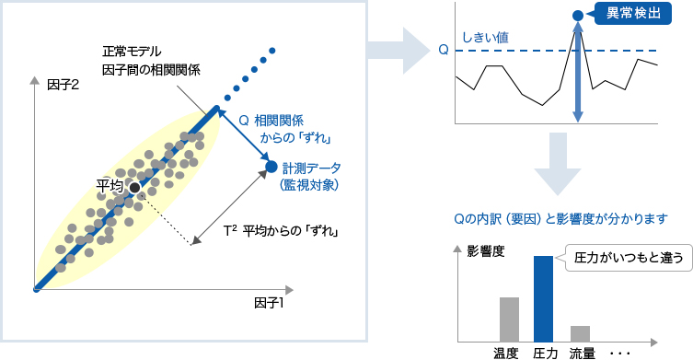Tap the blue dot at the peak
tap(577, 16)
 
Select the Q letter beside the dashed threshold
tap(444, 51)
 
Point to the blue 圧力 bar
tap(543, 297)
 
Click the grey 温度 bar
tap(508, 319)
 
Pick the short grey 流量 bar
tap(580, 332)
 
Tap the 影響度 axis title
tap(485, 250)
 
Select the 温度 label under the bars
tap(507, 352)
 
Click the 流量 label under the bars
tap(581, 352)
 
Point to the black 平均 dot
tap(134, 187)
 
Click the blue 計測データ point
tap(271, 167)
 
